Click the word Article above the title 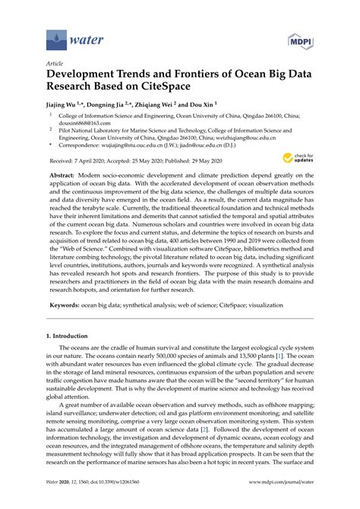55,64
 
